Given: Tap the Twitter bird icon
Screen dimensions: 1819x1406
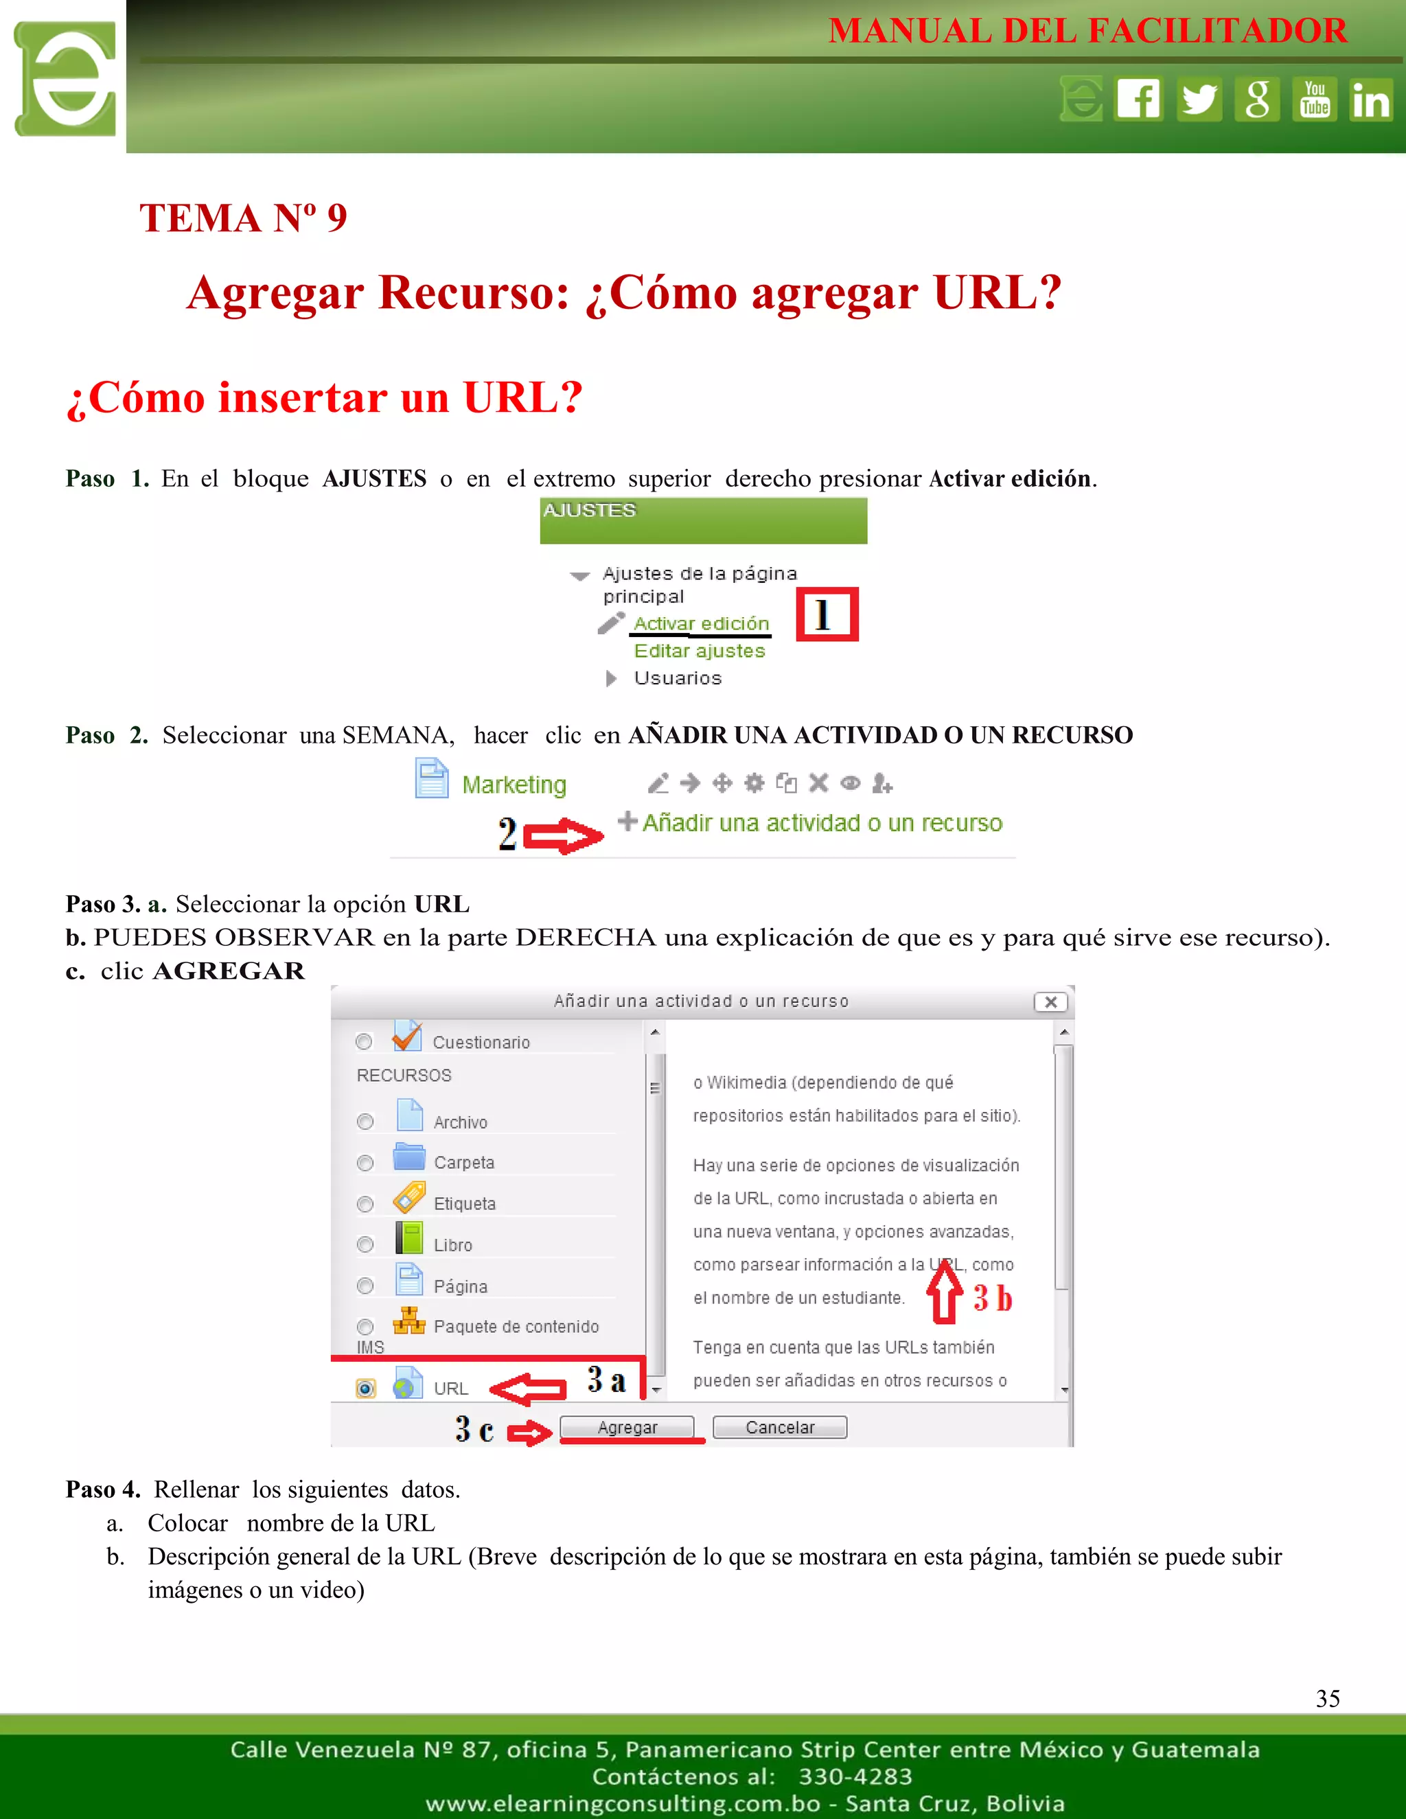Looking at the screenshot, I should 1199,99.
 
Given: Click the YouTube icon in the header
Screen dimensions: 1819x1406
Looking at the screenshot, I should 1315,99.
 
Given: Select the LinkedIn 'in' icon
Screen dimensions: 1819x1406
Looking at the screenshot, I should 1370,99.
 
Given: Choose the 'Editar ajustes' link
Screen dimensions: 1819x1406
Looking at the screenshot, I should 699,651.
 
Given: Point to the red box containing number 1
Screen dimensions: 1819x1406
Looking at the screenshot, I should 827,614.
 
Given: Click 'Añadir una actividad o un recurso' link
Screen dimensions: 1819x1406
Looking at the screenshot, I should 821,823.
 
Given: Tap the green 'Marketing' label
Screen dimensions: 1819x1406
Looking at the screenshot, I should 514,785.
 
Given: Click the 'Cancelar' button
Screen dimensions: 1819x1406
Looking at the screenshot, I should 780,1427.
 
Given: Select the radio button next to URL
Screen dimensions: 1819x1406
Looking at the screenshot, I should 365,1389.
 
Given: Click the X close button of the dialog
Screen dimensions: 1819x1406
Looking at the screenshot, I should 1050,1002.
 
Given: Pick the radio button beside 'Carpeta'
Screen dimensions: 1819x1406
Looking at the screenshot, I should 365,1163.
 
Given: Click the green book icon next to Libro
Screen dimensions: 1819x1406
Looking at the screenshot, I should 409,1238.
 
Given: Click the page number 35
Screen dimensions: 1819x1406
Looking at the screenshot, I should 1327,1698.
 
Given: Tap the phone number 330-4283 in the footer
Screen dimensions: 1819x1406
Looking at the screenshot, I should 855,1776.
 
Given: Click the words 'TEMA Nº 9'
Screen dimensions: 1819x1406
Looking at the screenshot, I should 242,218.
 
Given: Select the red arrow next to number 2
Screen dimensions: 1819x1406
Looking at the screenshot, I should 563,835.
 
